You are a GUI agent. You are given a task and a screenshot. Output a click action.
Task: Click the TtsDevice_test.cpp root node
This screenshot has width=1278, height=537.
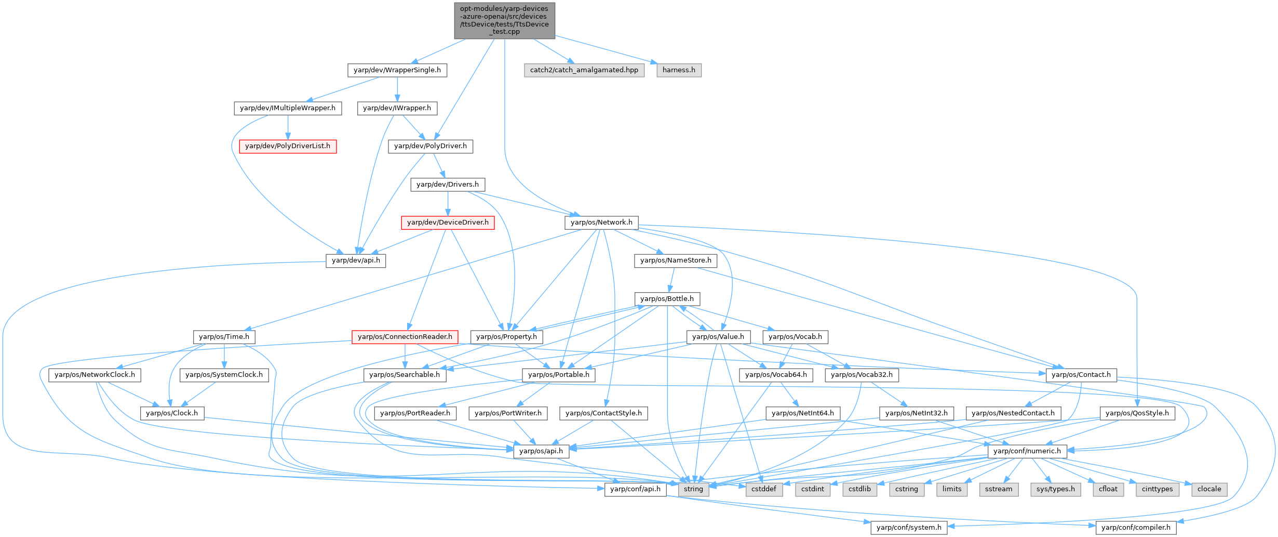pos(504,20)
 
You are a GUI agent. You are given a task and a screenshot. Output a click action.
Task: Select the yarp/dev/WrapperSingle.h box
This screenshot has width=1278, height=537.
pos(397,70)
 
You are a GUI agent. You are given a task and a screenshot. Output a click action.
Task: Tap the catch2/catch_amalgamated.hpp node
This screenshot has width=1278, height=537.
pos(584,70)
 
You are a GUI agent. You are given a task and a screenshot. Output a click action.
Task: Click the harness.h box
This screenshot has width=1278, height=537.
pos(679,70)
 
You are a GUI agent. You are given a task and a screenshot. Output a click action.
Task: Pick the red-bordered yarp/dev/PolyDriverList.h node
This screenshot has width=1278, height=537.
pos(288,146)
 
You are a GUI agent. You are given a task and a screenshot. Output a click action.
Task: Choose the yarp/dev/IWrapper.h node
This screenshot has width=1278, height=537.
pos(397,108)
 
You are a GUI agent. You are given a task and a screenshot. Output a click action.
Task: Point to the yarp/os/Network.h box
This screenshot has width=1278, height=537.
pos(601,222)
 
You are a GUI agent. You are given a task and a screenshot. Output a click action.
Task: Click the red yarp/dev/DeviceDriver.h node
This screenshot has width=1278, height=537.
pos(448,222)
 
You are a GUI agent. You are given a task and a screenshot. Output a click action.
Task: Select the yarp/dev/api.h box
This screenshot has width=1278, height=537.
pos(356,260)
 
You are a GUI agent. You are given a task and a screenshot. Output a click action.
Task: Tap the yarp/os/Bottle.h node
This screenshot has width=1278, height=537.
pos(667,299)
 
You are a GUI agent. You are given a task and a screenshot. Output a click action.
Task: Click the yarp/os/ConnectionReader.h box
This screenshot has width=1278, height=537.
pos(405,337)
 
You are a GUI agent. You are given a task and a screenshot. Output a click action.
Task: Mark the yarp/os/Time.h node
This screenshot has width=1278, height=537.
pos(224,337)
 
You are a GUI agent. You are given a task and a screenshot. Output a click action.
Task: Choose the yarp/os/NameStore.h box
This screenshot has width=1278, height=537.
pos(676,260)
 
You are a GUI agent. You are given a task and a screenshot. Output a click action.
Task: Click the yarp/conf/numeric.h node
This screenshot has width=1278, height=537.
pos(1027,451)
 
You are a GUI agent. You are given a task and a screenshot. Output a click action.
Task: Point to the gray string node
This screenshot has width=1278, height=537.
pos(693,489)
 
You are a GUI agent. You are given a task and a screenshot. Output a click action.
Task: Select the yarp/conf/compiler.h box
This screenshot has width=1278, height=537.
pos(1136,528)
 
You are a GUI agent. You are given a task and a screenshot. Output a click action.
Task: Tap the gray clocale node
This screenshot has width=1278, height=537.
pos(1209,489)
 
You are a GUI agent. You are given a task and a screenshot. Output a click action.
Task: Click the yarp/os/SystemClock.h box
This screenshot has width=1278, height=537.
pos(224,375)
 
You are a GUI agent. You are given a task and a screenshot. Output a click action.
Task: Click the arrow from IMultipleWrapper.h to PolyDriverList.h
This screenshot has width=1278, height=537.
pos(288,127)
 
